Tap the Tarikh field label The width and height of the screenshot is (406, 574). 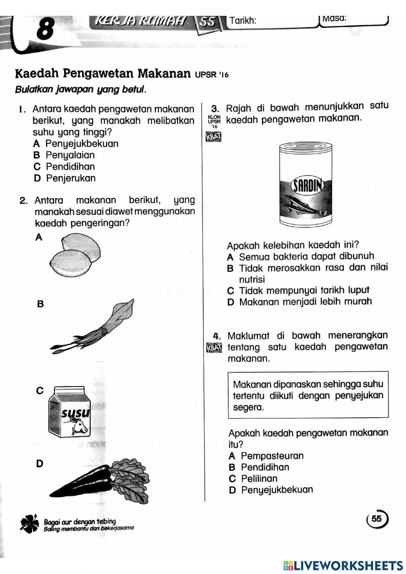pos(243,21)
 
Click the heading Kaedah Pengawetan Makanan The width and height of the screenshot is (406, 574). pos(103,74)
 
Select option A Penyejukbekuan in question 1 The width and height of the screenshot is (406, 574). pos(76,144)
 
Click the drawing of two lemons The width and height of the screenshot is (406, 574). pos(75,256)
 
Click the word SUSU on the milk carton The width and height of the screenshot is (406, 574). pos(75,414)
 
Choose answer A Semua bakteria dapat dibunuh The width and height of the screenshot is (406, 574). pos(300,256)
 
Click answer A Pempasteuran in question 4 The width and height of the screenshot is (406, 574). pos(266,456)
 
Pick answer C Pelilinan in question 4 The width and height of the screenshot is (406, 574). pos(253,479)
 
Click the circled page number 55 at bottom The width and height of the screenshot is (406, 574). pos(377,519)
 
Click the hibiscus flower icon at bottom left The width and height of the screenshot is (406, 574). pos(30,524)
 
